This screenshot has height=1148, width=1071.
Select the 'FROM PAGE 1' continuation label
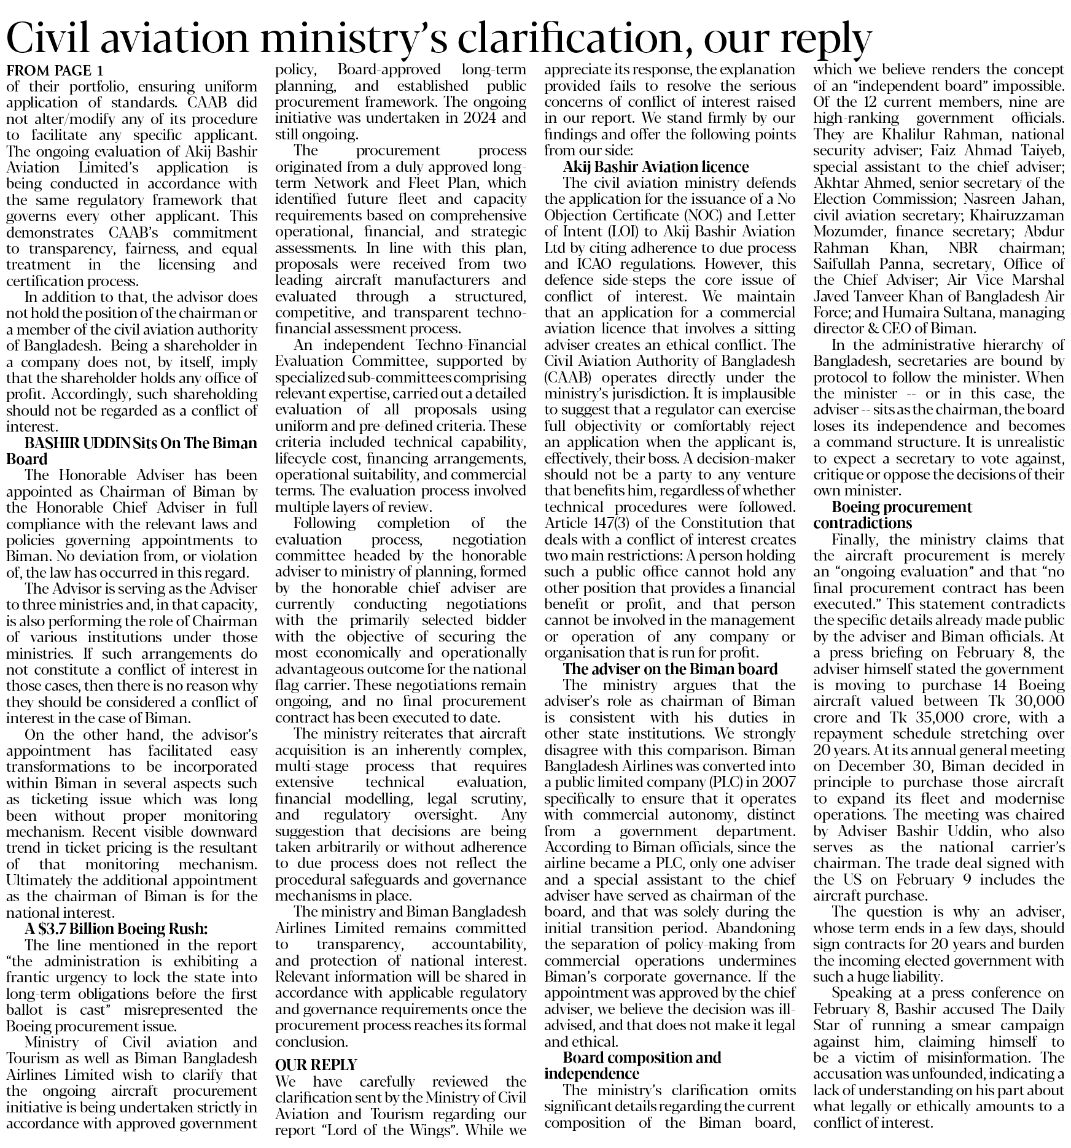pyautogui.click(x=55, y=69)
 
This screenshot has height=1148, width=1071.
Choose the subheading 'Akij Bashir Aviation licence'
pyautogui.click(x=656, y=166)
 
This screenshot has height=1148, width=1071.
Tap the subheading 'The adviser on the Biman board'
pyautogui.click(x=671, y=669)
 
